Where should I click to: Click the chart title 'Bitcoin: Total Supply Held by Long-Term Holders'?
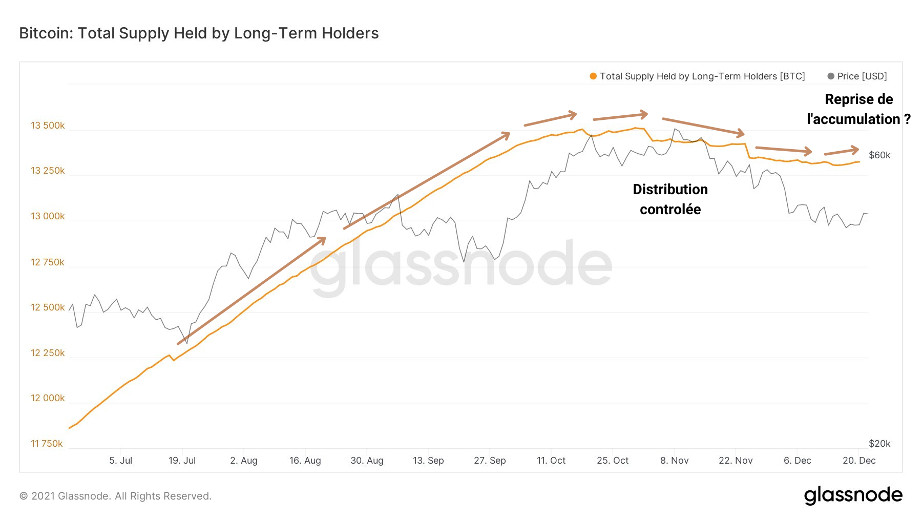click(199, 33)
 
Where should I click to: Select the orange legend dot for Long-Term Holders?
click(593, 76)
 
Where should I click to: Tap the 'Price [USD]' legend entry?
click(862, 76)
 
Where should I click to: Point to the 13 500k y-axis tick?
click(48, 126)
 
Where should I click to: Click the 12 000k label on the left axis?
click(48, 398)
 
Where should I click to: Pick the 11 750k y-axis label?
click(47, 444)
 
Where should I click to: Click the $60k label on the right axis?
click(879, 155)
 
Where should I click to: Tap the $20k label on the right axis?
click(879, 444)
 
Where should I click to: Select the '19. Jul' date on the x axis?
click(182, 461)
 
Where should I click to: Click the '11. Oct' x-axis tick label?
click(551, 461)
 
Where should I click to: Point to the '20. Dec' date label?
click(859, 461)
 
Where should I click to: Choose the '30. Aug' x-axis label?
click(367, 461)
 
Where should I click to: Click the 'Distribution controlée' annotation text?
click(670, 199)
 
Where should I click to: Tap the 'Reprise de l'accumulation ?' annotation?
click(858, 109)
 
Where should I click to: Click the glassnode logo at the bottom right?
click(853, 495)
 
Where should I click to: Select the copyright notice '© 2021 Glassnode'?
click(115, 496)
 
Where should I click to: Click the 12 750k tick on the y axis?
click(48, 262)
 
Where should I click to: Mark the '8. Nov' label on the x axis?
click(674, 461)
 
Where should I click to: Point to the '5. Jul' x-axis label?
click(120, 461)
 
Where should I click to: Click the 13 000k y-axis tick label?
click(48, 216)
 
